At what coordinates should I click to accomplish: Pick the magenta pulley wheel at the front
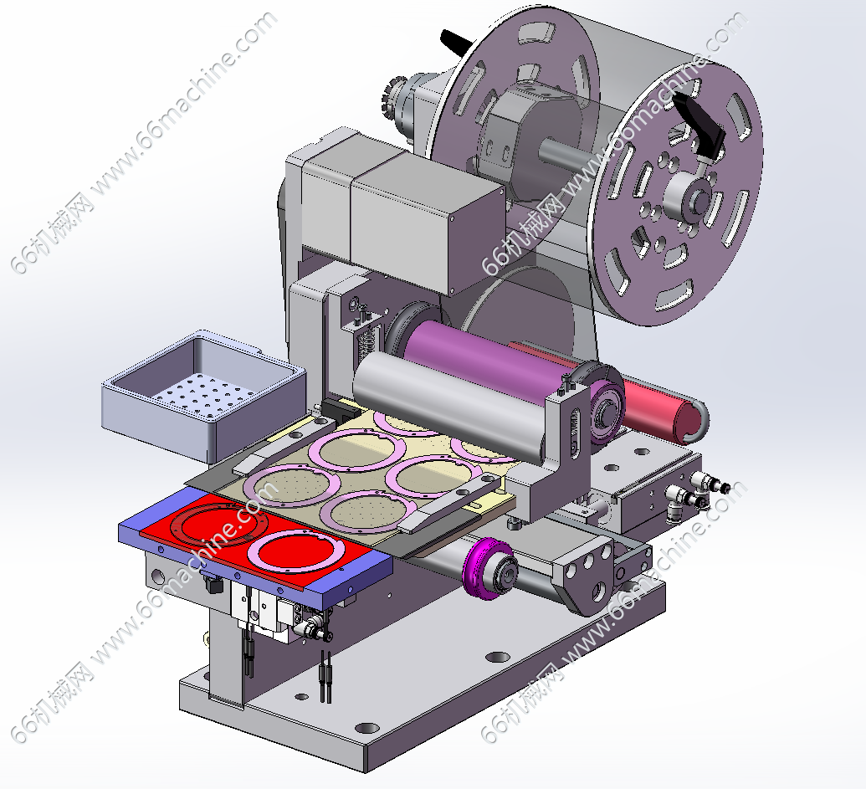click(489, 569)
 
